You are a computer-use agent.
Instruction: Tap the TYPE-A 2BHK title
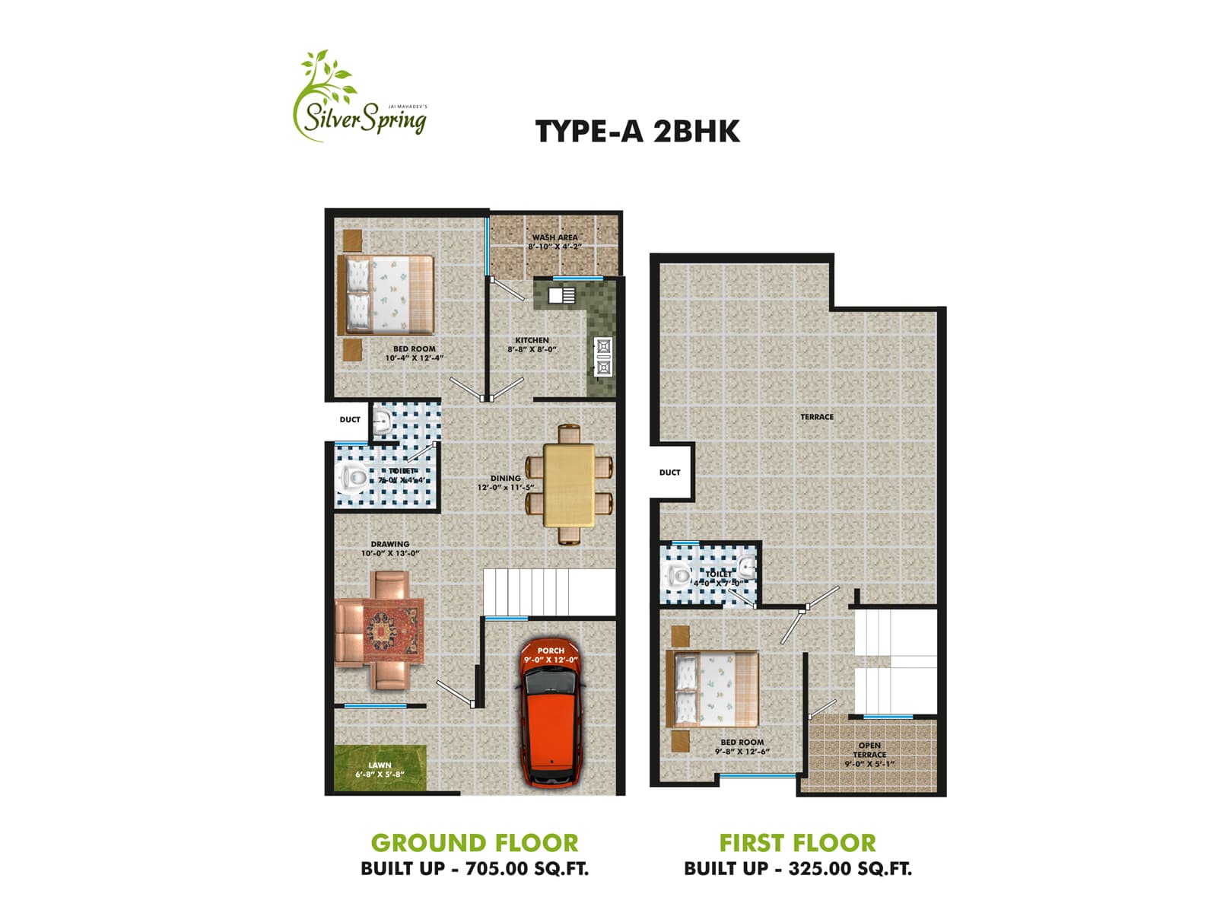coord(637,132)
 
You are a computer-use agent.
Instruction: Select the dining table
coord(570,484)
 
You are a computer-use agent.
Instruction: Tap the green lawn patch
coord(380,768)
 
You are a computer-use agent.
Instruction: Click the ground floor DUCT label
coord(350,420)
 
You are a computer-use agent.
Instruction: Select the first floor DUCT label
coord(669,472)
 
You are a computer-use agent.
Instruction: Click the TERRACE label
coord(816,417)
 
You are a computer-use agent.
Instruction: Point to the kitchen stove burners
coord(603,356)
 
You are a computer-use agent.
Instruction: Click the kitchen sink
coord(563,295)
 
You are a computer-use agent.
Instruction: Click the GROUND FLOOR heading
coord(475,843)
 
